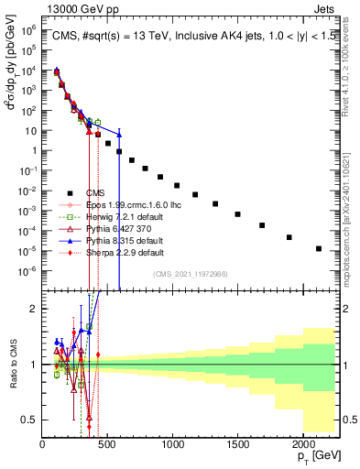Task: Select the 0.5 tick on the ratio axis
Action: [33, 420]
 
